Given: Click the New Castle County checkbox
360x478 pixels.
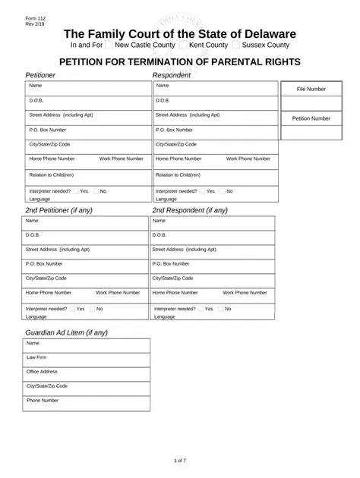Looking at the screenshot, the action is click(109, 46).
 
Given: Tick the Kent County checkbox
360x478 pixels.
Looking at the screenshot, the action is click(172, 46).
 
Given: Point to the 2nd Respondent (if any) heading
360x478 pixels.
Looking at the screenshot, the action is click(190, 210).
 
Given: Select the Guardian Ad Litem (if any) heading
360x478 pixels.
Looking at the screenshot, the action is click(67, 332).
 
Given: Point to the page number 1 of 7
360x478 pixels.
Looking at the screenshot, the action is click(180, 461).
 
